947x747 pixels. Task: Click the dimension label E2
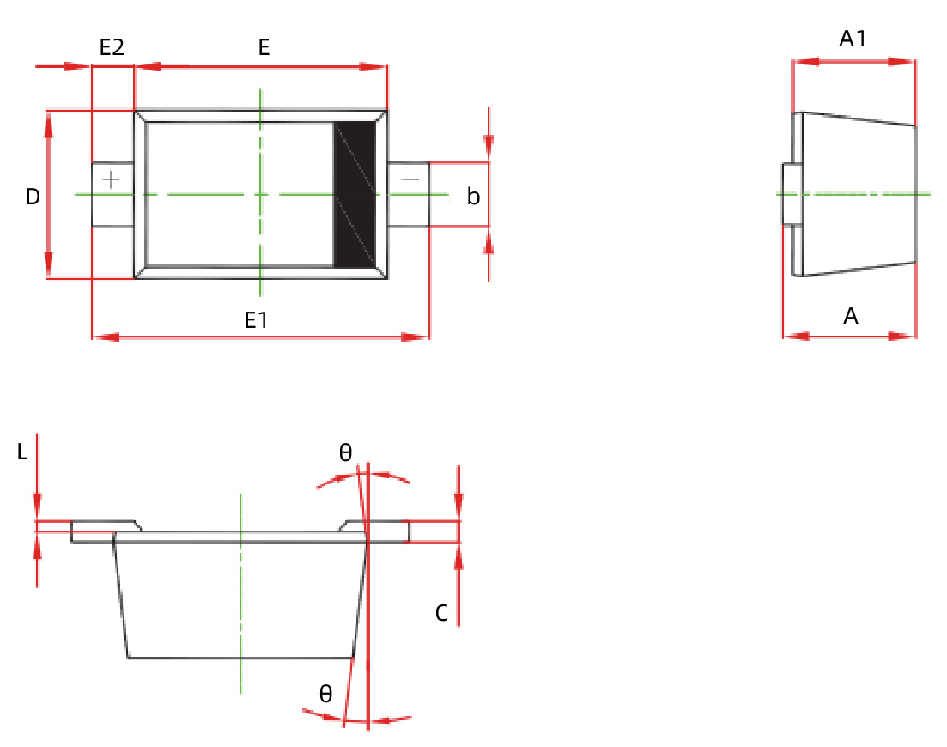[x=112, y=48]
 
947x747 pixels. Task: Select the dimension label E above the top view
[x=264, y=48]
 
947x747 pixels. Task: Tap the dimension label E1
[x=257, y=321]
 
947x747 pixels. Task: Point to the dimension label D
[x=33, y=197]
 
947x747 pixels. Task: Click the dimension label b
[x=473, y=197]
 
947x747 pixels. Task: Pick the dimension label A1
[x=853, y=39]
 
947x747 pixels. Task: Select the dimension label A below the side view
[x=850, y=317]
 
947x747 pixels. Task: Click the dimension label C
[x=441, y=614]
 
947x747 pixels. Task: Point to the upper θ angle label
[x=345, y=453]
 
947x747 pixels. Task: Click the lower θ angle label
[x=325, y=695]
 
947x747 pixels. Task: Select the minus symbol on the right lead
[x=410, y=179]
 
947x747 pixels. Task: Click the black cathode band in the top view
[x=355, y=194]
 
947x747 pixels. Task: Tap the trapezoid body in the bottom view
[x=240, y=601]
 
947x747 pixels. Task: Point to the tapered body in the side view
[x=859, y=195]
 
